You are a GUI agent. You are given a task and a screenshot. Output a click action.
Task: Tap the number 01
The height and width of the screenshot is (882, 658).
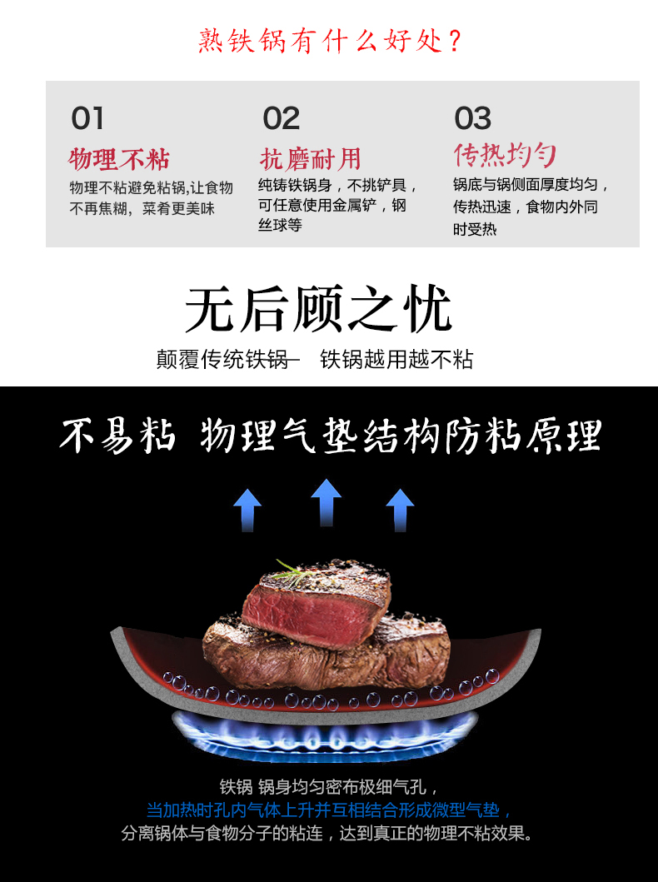(87, 118)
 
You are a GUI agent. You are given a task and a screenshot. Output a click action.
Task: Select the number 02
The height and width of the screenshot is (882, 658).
(281, 118)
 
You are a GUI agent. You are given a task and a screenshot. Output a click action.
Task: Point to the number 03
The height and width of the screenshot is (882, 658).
(472, 118)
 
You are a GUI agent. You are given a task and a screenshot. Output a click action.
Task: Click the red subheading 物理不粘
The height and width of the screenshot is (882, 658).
(119, 158)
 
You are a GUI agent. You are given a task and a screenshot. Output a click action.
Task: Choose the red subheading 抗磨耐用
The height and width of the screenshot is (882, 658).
(310, 158)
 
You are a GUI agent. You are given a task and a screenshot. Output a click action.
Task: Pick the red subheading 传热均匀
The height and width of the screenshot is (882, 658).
(504, 155)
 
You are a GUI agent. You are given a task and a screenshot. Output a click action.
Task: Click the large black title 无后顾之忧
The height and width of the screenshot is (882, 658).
(318, 310)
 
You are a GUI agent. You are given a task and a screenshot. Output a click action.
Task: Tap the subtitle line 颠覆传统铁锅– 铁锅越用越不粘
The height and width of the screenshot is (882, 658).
(315, 359)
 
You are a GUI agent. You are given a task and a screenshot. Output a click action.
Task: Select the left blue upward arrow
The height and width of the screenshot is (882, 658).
(247, 509)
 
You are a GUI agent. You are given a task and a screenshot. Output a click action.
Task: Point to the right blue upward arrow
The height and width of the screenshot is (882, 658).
(400, 509)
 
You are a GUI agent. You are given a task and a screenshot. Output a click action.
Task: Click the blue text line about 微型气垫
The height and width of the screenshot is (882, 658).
(329, 810)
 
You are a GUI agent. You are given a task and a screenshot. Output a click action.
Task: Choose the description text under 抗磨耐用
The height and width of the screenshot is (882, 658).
(337, 205)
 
